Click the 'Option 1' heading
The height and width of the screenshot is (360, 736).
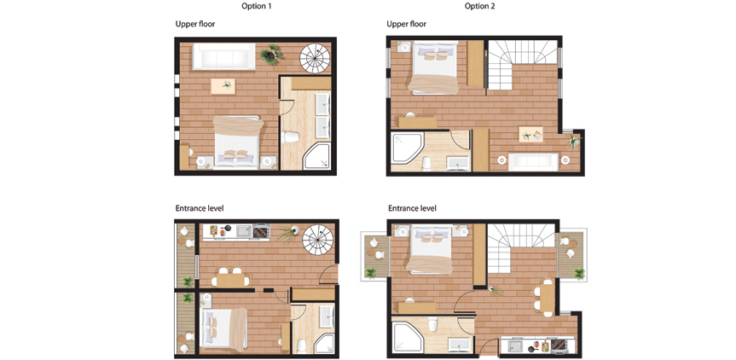(257, 6)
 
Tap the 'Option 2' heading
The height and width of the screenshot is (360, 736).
(479, 6)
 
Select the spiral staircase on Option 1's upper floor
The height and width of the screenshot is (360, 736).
(315, 58)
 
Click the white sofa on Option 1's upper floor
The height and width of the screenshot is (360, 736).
(224, 56)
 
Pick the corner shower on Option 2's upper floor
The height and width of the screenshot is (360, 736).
(407, 148)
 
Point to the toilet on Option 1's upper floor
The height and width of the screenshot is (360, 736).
(290, 136)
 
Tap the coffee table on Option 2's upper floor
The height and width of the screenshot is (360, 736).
(530, 134)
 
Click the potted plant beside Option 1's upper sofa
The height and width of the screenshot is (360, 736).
(272, 55)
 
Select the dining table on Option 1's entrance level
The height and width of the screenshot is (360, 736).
(230, 280)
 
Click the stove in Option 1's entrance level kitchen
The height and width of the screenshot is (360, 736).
(261, 231)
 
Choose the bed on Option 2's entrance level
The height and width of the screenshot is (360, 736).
(432, 249)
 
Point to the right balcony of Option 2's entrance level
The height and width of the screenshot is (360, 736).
(571, 255)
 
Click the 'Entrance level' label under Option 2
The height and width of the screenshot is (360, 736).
(412, 208)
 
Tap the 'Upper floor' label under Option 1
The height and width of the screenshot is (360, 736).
(195, 24)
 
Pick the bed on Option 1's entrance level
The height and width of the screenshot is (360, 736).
(224, 328)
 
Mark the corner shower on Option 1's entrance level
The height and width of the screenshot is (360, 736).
(324, 345)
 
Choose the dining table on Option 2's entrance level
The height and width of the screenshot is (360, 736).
(548, 298)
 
